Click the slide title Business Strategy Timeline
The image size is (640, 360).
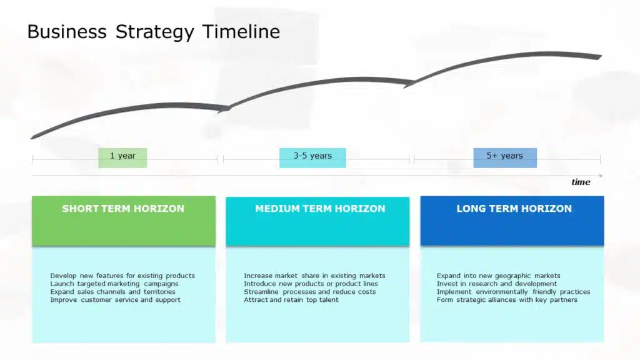coord(153,32)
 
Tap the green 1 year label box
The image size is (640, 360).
coord(122,157)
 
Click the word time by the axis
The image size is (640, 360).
coord(581,182)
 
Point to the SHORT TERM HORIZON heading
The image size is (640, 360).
coord(123,209)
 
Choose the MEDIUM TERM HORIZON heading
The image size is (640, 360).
coord(320,209)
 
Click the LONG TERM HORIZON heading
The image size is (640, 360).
coord(514,209)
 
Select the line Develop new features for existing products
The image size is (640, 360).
coord(122,276)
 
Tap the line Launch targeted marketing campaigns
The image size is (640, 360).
coord(114,284)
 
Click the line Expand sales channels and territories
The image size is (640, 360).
coord(112,292)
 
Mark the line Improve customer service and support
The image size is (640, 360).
coord(115,300)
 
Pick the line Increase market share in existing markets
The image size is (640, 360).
coord(314,276)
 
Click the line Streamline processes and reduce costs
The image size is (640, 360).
coord(310,292)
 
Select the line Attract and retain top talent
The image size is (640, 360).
coord(291,300)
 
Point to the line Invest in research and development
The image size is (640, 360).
coord(497,284)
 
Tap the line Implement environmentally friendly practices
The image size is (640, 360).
coord(513,292)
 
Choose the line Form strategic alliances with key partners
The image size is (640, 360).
coord(507,300)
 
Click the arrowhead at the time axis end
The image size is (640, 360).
coord(601,176)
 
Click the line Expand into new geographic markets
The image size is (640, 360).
coord(498,276)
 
